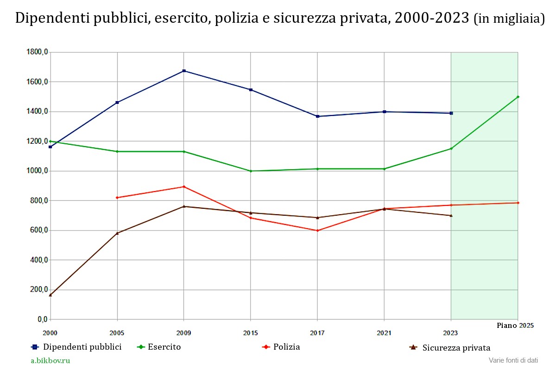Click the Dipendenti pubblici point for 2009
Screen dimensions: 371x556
184,71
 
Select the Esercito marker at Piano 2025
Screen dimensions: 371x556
518,97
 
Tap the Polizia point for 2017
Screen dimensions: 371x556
317,230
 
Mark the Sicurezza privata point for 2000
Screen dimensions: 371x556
51,295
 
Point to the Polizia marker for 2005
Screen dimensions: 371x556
117,198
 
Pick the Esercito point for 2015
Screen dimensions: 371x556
251,171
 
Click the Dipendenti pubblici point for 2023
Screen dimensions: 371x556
451,113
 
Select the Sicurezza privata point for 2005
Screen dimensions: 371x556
117,233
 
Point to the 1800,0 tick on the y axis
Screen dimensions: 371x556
38,52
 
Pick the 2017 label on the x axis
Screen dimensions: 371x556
317,333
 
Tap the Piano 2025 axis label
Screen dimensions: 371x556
515,326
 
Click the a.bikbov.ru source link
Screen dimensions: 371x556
51,360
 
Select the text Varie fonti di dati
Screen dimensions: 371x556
513,360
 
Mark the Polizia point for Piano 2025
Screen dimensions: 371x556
518,203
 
